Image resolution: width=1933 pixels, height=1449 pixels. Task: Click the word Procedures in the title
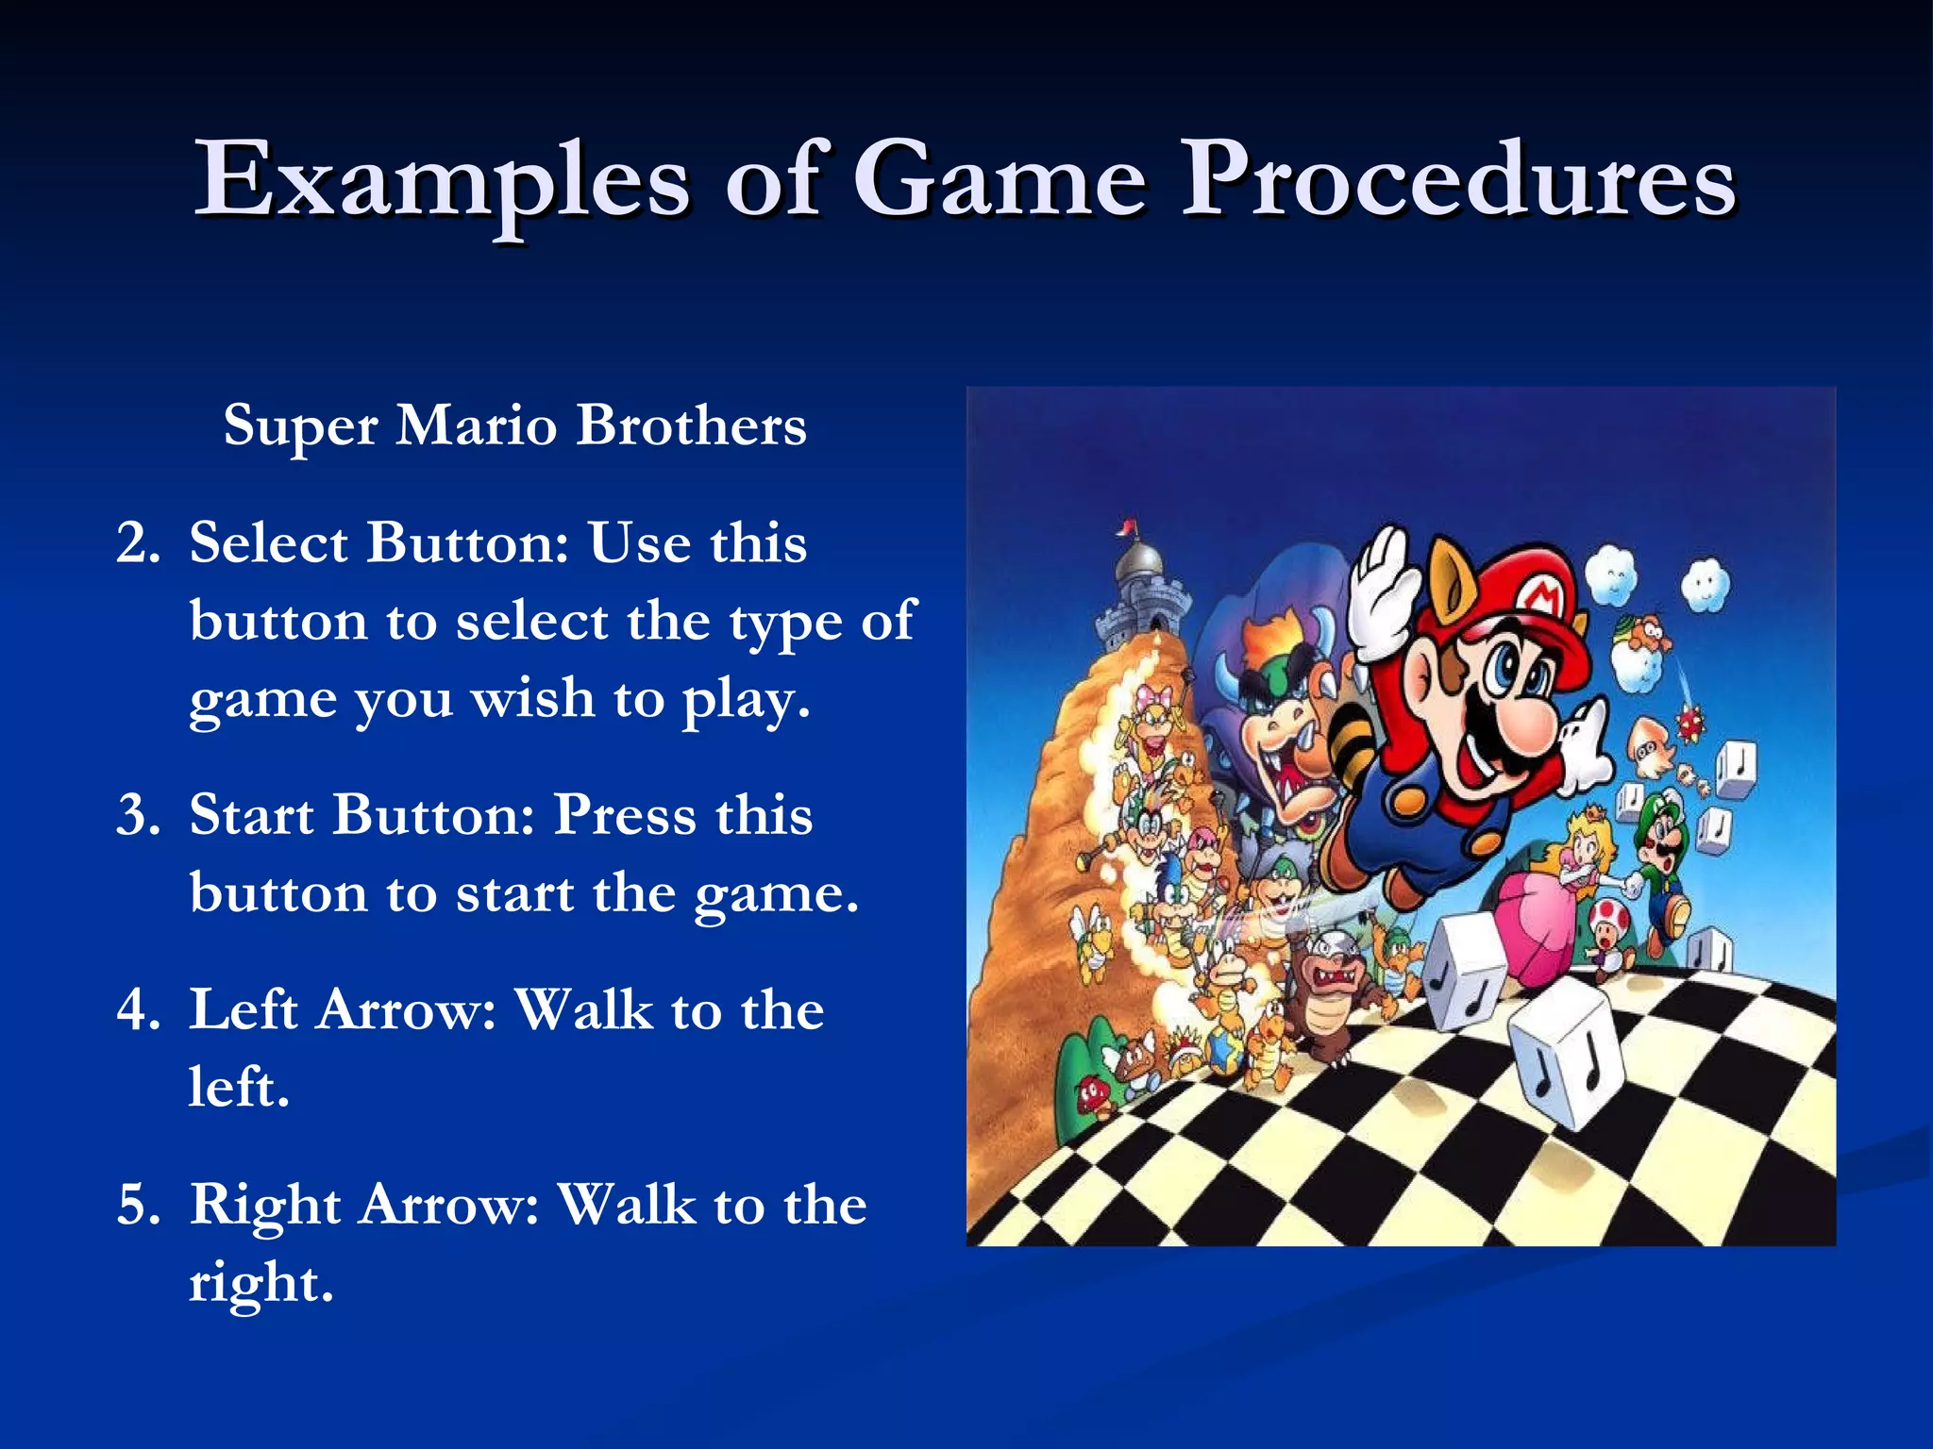pos(1458,179)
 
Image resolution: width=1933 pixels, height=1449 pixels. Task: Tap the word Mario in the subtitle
pos(476,425)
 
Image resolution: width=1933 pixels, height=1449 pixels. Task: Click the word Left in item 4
pos(244,1009)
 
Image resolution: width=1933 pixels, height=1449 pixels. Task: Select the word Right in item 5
pos(265,1206)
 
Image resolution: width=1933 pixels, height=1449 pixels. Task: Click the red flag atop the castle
pos(1126,525)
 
